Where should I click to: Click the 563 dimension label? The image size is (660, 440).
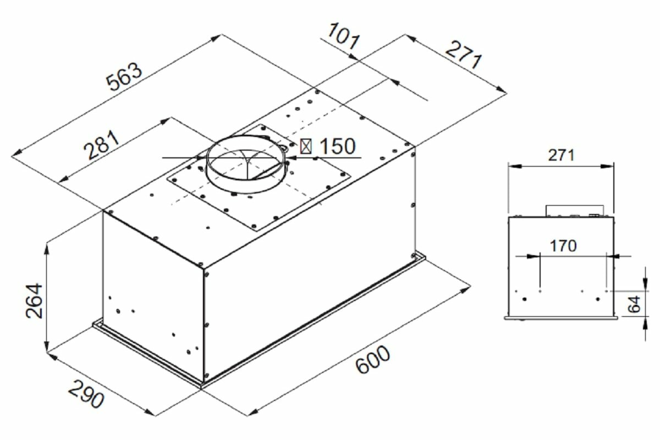[x=124, y=76]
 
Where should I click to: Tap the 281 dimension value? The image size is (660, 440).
[x=102, y=145]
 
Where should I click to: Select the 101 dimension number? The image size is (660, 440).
[x=344, y=36]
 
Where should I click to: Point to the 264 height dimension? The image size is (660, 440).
[x=34, y=301]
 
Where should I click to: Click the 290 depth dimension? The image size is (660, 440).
[x=86, y=394]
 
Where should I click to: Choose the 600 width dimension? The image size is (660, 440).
[x=373, y=359]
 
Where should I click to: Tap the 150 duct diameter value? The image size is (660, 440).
[x=338, y=146]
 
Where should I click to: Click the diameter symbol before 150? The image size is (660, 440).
[x=306, y=146]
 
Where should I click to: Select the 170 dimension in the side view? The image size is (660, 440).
[x=563, y=246]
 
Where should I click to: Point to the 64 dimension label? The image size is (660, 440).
[x=634, y=304]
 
